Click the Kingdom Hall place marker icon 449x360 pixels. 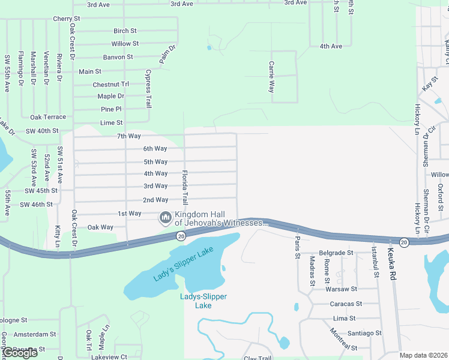(x=165, y=217)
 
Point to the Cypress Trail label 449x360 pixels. (x=148, y=88)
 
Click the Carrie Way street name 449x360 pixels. (x=271, y=76)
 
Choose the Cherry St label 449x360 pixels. (x=66, y=19)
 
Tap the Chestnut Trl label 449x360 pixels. (x=110, y=85)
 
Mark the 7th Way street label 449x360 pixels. (x=128, y=136)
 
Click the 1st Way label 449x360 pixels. (x=129, y=214)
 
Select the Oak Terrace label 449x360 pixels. (x=48, y=117)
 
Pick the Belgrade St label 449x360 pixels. (x=336, y=253)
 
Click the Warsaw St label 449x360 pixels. (x=341, y=289)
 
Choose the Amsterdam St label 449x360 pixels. (x=34, y=334)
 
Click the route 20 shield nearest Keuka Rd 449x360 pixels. (x=404, y=242)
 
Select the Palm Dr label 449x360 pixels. (x=168, y=55)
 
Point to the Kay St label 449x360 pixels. (x=430, y=84)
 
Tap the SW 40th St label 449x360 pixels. (x=42, y=131)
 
